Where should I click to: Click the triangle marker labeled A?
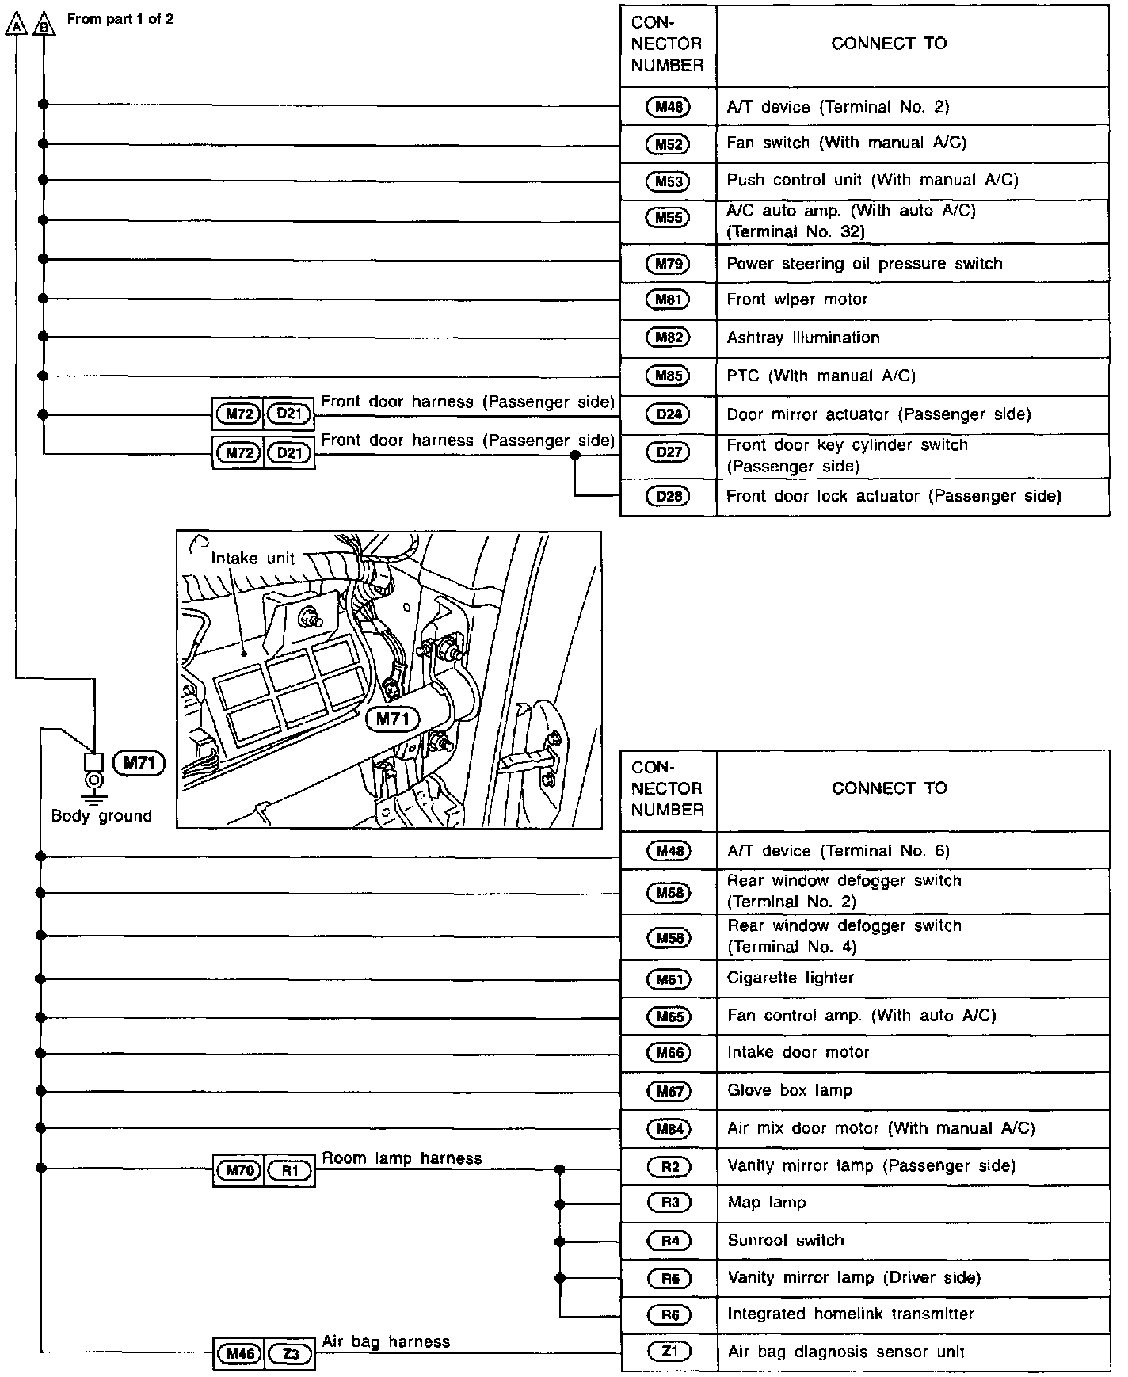[15, 26]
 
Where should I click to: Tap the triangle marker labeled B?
[44, 26]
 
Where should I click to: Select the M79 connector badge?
[668, 264]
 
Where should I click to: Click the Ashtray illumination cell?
[803, 338]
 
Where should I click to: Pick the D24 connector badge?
[669, 414]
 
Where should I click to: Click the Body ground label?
[101, 816]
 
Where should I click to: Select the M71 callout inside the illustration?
[393, 719]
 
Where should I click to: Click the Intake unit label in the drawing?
[253, 558]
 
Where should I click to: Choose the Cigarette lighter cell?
[791, 978]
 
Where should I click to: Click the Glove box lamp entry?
[790, 1090]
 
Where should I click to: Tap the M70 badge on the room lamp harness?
[238, 1170]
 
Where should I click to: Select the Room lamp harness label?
[402, 1158]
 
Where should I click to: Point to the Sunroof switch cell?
[786, 1241]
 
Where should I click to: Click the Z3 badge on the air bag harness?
[290, 1354]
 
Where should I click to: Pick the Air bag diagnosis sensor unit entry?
[846, 1352]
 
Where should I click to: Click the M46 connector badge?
[238, 1354]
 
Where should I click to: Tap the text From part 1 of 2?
[120, 19]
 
